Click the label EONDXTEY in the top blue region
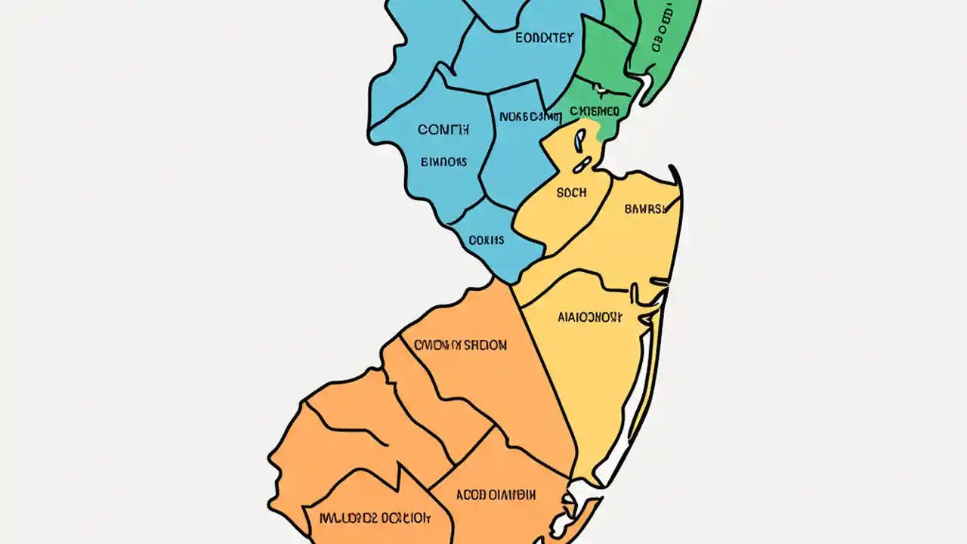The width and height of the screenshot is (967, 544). pyautogui.click(x=544, y=38)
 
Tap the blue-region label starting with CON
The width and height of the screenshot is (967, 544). pyautogui.click(x=443, y=130)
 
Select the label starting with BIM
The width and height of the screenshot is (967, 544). pyautogui.click(x=443, y=162)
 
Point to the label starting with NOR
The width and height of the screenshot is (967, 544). pyautogui.click(x=530, y=117)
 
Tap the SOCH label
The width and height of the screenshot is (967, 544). pyautogui.click(x=571, y=193)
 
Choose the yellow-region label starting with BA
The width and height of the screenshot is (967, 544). pyautogui.click(x=646, y=209)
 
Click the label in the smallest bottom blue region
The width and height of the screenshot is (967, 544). pyautogui.click(x=487, y=240)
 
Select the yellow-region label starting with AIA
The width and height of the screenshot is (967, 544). pyautogui.click(x=591, y=318)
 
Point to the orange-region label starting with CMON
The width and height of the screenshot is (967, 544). pyautogui.click(x=460, y=345)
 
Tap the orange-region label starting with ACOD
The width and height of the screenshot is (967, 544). pyautogui.click(x=496, y=496)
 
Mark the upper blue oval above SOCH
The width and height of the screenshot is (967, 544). pyautogui.click(x=579, y=138)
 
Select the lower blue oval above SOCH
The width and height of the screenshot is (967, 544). pyautogui.click(x=582, y=163)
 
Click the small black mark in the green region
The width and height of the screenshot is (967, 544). pyautogui.click(x=601, y=90)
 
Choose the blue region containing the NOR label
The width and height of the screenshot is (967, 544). pyautogui.click(x=517, y=151)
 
